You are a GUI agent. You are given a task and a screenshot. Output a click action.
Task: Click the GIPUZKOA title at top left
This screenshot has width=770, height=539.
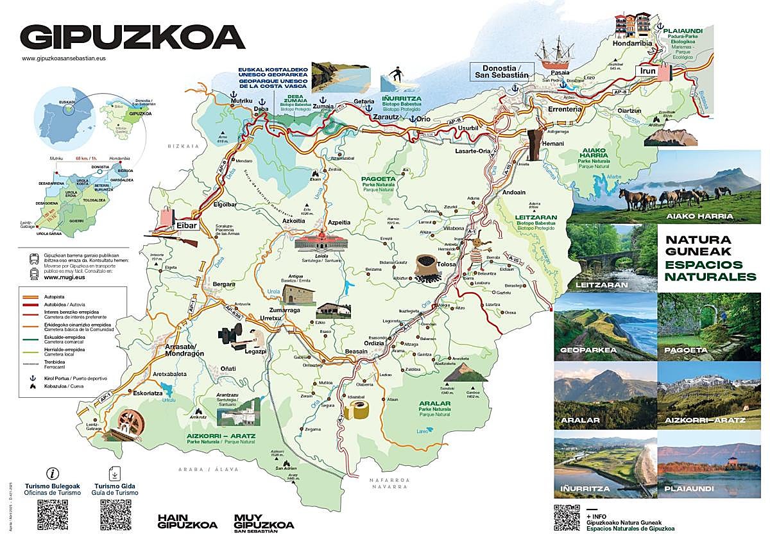pos(132,37)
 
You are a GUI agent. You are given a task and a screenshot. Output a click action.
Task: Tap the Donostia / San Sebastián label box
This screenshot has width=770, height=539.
pos(501,71)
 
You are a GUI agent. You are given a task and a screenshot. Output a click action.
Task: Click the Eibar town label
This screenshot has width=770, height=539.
pos(187,225)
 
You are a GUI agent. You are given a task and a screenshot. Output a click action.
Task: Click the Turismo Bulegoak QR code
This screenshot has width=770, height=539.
pos(52,513)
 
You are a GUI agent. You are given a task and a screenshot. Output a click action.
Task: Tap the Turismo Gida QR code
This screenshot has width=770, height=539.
pos(116,513)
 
